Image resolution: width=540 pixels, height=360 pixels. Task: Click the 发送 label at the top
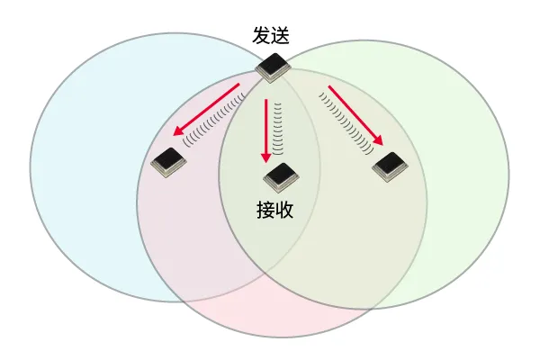[271, 35]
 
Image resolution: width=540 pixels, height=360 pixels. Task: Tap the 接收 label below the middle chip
[274, 210]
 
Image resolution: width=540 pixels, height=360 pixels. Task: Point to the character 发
[261, 35]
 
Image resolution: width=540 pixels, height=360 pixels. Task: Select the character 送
[280, 35]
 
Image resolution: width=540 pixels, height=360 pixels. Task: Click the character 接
[265, 210]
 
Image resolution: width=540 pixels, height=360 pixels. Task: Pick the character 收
[284, 210]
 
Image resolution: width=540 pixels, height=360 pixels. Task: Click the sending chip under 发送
[272, 67]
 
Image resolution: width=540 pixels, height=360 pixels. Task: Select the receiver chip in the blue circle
[169, 163]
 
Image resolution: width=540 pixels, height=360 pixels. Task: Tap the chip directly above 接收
[281, 178]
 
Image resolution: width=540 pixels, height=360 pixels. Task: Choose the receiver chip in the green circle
[390, 167]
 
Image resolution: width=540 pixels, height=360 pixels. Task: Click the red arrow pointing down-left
[207, 109]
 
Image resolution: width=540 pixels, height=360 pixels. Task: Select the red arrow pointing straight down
[265, 130]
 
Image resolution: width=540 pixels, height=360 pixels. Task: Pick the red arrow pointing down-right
[355, 115]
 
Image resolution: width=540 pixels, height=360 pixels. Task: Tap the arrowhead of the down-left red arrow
[178, 130]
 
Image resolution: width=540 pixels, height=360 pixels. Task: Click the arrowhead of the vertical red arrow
[265, 157]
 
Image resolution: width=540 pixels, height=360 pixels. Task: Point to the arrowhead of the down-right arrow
[378, 139]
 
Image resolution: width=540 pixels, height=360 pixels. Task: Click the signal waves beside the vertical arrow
[277, 129]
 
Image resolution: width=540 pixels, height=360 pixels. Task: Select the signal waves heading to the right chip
[346, 123]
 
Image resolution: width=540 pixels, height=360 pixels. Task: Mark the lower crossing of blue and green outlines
[266, 272]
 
